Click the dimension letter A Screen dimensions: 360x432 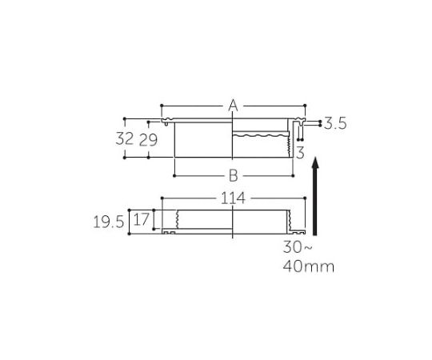(233, 106)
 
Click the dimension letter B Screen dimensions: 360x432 (234, 175)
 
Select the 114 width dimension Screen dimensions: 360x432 (233, 198)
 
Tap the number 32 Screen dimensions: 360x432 (124, 138)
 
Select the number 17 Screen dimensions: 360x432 (142, 218)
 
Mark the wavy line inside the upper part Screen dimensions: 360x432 (256, 136)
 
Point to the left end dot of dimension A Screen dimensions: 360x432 (162, 105)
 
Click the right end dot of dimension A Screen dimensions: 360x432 (306, 105)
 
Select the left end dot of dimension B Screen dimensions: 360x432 (174, 174)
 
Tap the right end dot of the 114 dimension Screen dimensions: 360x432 (306, 198)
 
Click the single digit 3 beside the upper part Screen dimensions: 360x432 (298, 151)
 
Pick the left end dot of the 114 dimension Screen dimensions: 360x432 (162, 198)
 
